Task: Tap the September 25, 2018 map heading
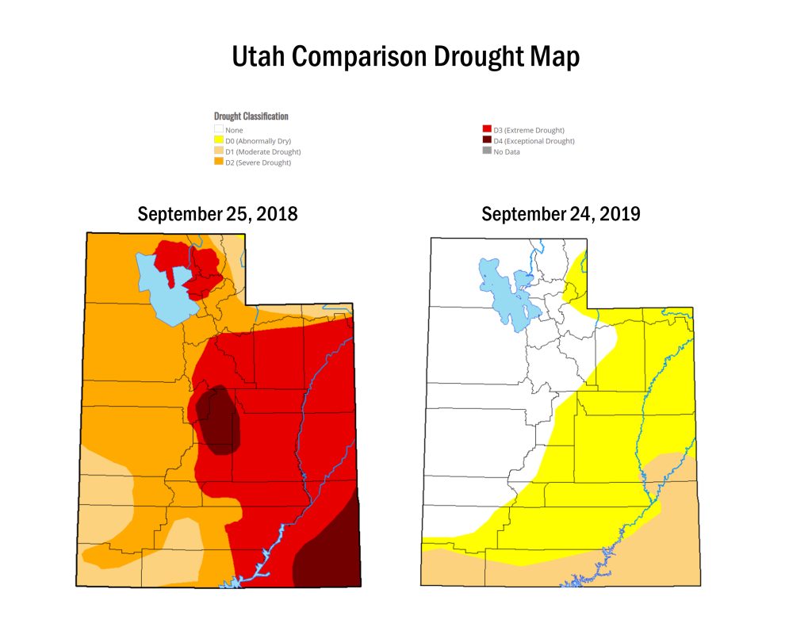click(x=217, y=214)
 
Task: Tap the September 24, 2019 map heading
click(x=561, y=214)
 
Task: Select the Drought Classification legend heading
click(x=251, y=116)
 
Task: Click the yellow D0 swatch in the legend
click(x=219, y=140)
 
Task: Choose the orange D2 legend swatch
click(x=219, y=162)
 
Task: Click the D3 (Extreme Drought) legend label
click(x=529, y=129)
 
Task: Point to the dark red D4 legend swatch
click(x=487, y=140)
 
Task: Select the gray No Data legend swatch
click(x=487, y=151)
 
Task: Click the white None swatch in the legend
click(x=219, y=129)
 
